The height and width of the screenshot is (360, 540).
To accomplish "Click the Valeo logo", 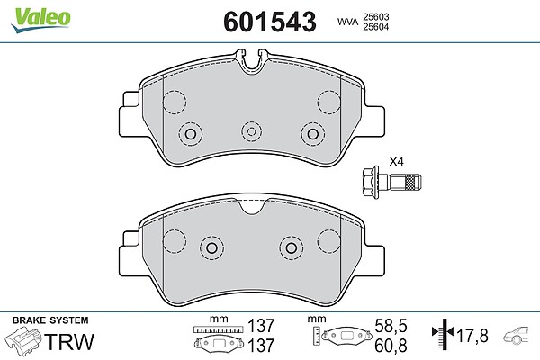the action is [40, 20].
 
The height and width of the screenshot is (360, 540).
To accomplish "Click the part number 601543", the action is [270, 22].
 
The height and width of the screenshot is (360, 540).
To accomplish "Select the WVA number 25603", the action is [375, 17].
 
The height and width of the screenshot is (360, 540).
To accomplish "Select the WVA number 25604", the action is [375, 27].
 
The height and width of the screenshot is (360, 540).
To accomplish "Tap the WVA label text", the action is [347, 22].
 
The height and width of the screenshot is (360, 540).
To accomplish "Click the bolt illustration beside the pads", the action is [391, 182].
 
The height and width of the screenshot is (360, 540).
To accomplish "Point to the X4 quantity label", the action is [396, 161].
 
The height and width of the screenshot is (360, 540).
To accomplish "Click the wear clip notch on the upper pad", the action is [252, 62].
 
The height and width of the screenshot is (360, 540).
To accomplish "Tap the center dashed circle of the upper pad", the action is [252, 131].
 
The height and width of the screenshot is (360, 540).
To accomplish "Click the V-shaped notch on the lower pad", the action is [252, 207].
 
